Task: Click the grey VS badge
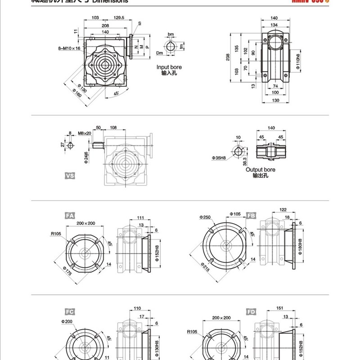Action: pos(70,176)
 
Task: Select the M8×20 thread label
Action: pos(84,133)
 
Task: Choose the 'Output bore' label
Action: pos(260,170)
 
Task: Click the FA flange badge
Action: pos(70,216)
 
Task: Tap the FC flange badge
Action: pos(70,311)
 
